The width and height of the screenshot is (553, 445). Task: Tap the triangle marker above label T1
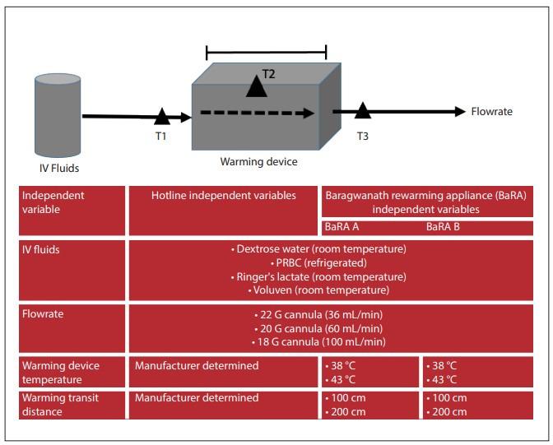[162, 117]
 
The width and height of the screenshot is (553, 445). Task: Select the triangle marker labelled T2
[257, 85]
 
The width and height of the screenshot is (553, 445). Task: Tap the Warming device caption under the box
[258, 162]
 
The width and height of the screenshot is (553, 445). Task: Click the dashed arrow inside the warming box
[257, 114]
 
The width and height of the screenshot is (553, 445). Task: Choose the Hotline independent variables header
[223, 195]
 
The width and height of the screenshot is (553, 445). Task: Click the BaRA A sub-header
[343, 226]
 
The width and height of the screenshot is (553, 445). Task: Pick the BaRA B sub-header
[445, 226]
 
